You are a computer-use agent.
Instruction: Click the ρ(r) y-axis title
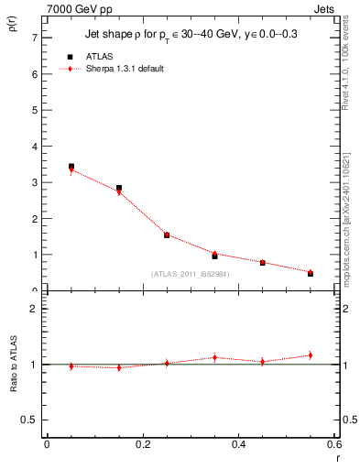pos(11,27)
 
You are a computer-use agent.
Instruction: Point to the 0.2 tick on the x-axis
pos(143,444)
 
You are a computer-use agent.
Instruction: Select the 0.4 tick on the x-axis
pos(238,444)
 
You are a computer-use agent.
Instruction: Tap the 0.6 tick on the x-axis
pos(334,444)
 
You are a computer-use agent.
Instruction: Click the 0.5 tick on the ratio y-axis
pos(30,420)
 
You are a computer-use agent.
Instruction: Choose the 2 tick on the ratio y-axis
pos(34,310)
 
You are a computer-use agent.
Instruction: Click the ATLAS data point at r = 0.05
pos(71,167)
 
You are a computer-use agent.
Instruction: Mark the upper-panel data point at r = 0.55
pos(311,273)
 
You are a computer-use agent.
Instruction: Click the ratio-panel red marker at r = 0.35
pos(214,357)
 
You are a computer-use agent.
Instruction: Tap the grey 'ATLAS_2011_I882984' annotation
pos(190,274)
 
